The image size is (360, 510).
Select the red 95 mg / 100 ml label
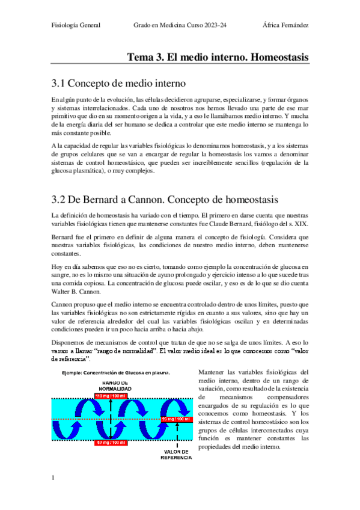click(176, 419)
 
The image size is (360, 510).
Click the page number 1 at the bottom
click(53, 478)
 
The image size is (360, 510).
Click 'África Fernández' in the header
click(286, 25)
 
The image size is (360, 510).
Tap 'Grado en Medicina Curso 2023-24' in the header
click(183, 25)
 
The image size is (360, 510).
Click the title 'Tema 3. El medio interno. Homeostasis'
click(218, 57)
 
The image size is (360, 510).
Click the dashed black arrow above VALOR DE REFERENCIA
click(177, 434)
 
